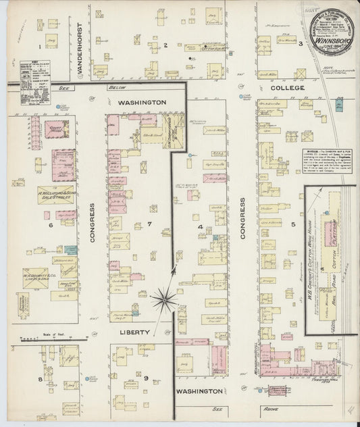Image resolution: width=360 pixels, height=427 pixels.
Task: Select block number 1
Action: [x=41, y=46]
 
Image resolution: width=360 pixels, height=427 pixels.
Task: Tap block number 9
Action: [x=145, y=378]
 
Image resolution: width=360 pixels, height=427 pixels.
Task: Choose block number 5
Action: [x=293, y=224]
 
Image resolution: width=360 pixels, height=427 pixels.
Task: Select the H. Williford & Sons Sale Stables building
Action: [x=55, y=195]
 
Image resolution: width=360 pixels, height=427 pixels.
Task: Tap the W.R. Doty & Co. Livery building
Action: [x=35, y=277]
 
